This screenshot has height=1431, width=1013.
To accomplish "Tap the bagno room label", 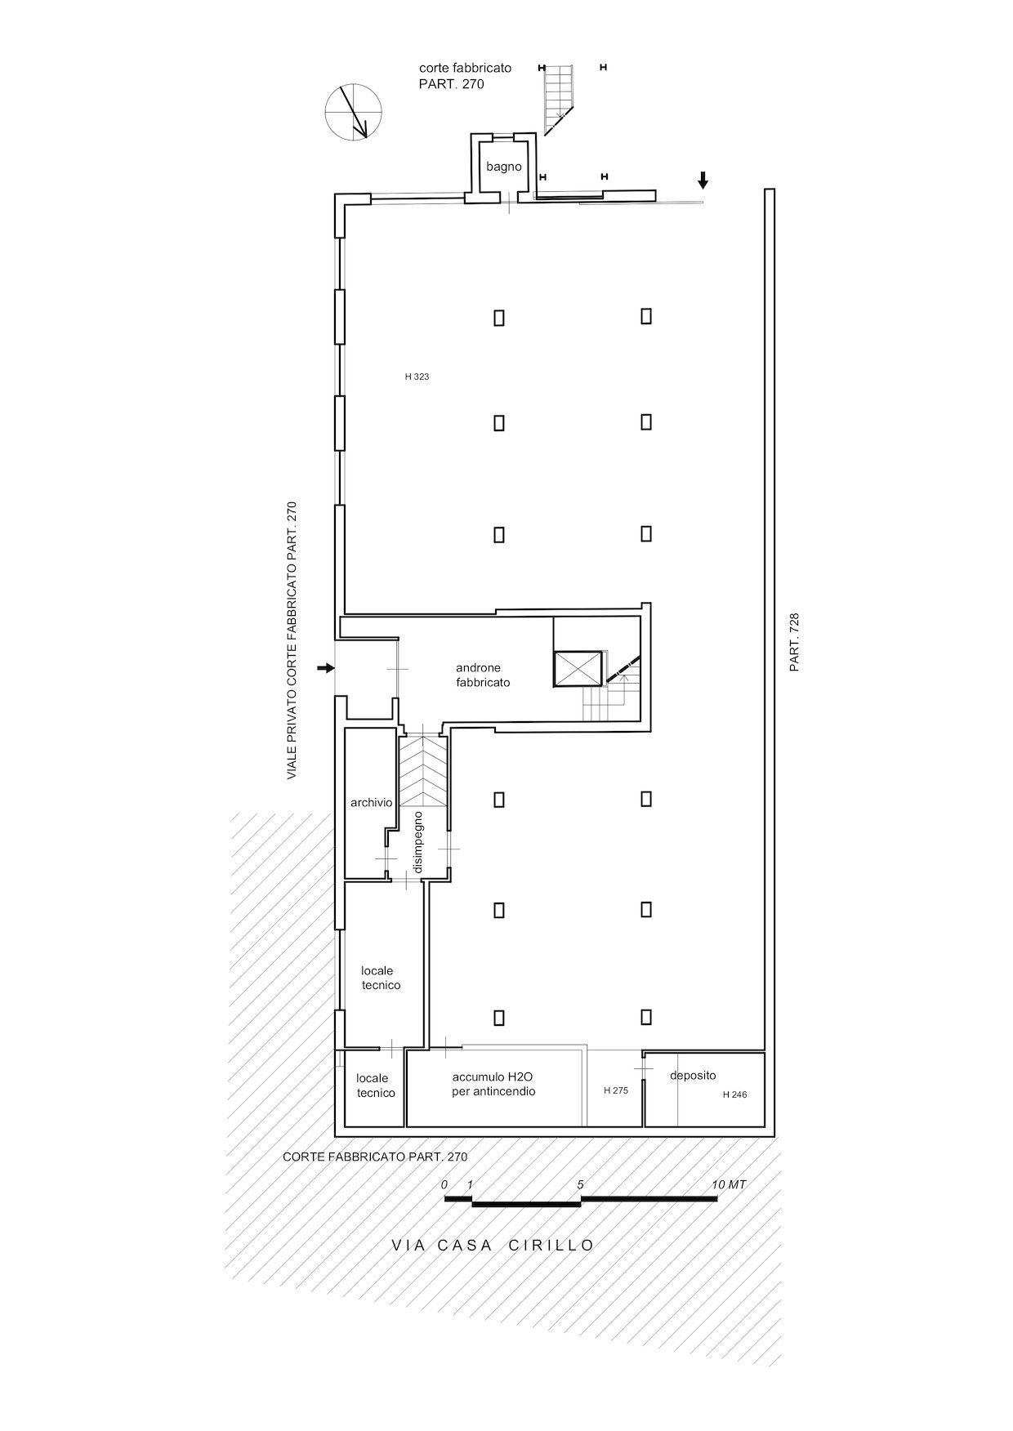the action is pyautogui.click(x=503, y=167).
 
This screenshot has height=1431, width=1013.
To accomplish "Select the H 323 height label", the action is pyautogui.click(x=417, y=377).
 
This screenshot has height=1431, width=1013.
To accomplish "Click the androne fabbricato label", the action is pyautogui.click(x=483, y=675).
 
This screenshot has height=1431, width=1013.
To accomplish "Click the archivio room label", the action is pyautogui.click(x=372, y=803).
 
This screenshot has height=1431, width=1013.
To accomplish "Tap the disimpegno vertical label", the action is pyautogui.click(x=417, y=842).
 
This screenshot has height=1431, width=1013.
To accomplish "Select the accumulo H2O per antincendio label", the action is pyautogui.click(x=493, y=1084).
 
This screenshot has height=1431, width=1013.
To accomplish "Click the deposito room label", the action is pyautogui.click(x=693, y=1076).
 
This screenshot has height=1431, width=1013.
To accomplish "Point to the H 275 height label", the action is pyautogui.click(x=616, y=1090).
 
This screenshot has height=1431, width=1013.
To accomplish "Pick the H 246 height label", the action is pyautogui.click(x=734, y=1094).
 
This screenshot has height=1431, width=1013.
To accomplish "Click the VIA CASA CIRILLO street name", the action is pyautogui.click(x=493, y=1246).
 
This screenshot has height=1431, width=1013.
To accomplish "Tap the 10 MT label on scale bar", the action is pyautogui.click(x=729, y=1184).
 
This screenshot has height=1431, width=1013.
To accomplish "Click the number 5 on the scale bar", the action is pyautogui.click(x=580, y=1184).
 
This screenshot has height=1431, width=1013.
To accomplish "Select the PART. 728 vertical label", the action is pyautogui.click(x=794, y=642).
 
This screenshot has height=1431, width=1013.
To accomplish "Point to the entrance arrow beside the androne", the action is pyautogui.click(x=326, y=668).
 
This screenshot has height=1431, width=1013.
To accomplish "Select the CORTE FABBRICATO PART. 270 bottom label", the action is pyautogui.click(x=375, y=1157).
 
